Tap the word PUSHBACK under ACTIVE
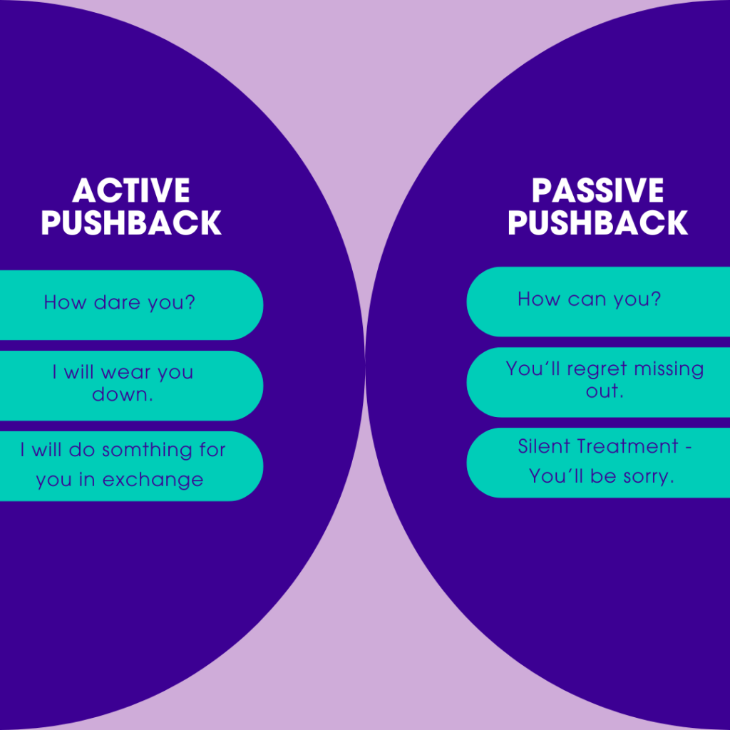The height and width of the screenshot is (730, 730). pos(131,222)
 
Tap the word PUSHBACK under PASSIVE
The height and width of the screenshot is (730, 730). pos(598,222)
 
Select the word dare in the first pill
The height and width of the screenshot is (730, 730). pos(117,302)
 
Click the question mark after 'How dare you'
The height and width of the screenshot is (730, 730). pos(190,302)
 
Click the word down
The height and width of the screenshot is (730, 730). pos(123,394)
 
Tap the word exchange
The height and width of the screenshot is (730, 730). pos(153,480)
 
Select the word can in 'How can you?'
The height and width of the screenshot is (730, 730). pos(587,299)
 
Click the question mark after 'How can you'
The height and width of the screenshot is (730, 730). pos(656,299)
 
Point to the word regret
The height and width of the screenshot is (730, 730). pos(597,369)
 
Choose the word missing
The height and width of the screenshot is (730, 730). pos(669,369)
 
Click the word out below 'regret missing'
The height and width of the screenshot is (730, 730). pos(605,391)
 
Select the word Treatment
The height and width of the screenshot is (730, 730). pos(627,446)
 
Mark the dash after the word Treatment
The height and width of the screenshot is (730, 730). pos(688,448)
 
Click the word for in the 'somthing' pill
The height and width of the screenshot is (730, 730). pos(212,450)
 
